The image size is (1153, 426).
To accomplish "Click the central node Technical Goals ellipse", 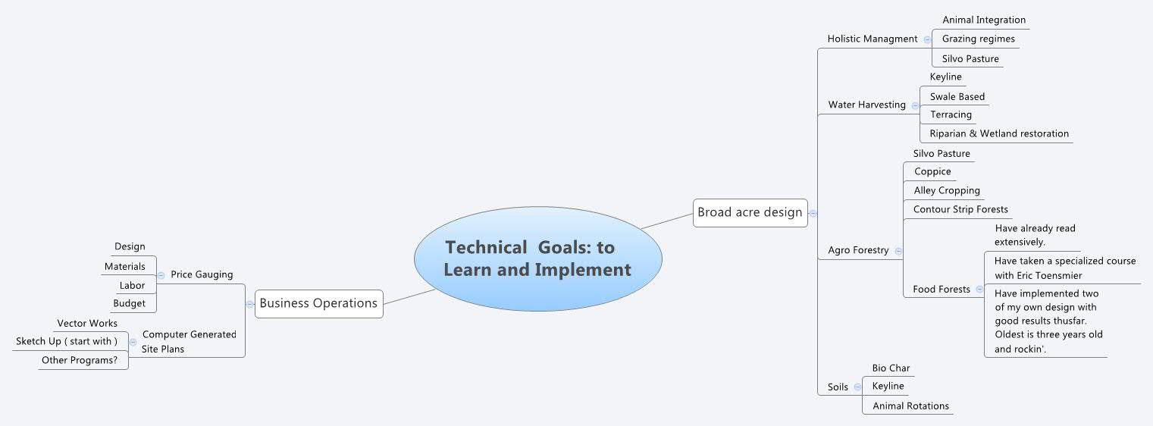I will tap(537, 258).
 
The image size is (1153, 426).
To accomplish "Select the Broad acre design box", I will tap(749, 212).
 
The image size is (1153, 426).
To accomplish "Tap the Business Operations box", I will tap(318, 303).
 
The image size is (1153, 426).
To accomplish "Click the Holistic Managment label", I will tap(872, 39).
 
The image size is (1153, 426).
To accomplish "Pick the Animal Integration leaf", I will tap(983, 20).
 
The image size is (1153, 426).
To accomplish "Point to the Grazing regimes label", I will tap(978, 39).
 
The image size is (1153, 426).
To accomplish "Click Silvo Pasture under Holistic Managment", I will tap(970, 59).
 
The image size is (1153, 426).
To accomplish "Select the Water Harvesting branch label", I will tap(866, 105).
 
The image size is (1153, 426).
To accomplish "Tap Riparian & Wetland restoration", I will tap(998, 133).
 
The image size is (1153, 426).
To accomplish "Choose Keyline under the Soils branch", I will tap(888, 387).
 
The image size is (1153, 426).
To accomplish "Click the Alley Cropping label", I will tap(946, 191).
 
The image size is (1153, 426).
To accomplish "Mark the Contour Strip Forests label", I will tap(960, 209).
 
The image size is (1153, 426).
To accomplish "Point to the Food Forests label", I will tap(941, 289).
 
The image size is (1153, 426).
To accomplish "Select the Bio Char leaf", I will tap(890, 368).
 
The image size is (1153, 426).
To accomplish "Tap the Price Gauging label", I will tap(202, 274).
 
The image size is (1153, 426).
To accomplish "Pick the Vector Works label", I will tap(87, 324).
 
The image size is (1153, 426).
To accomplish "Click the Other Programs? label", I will tap(80, 360).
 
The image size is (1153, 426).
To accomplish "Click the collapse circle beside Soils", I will tap(857, 387).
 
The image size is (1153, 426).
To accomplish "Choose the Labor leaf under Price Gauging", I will tap(132, 286).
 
